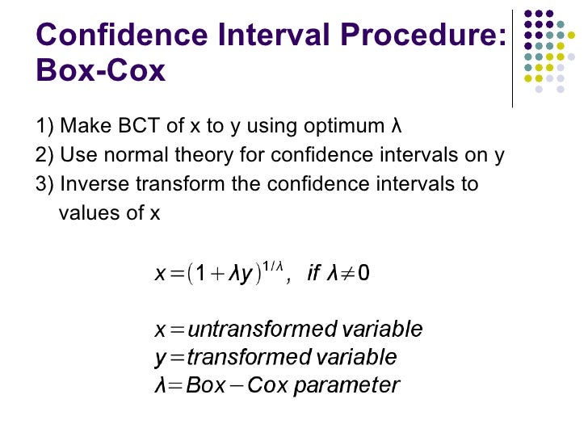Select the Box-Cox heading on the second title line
pyautogui.click(x=101, y=71)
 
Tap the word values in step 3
pyautogui.click(x=88, y=213)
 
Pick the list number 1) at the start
pyautogui.click(x=45, y=128)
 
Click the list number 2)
pyautogui.click(x=45, y=156)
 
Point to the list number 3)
pyautogui.click(x=45, y=184)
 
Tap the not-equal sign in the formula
pyautogui.click(x=348, y=275)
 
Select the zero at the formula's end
pyautogui.click(x=364, y=275)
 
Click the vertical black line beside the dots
pyautogui.click(x=512, y=57)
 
